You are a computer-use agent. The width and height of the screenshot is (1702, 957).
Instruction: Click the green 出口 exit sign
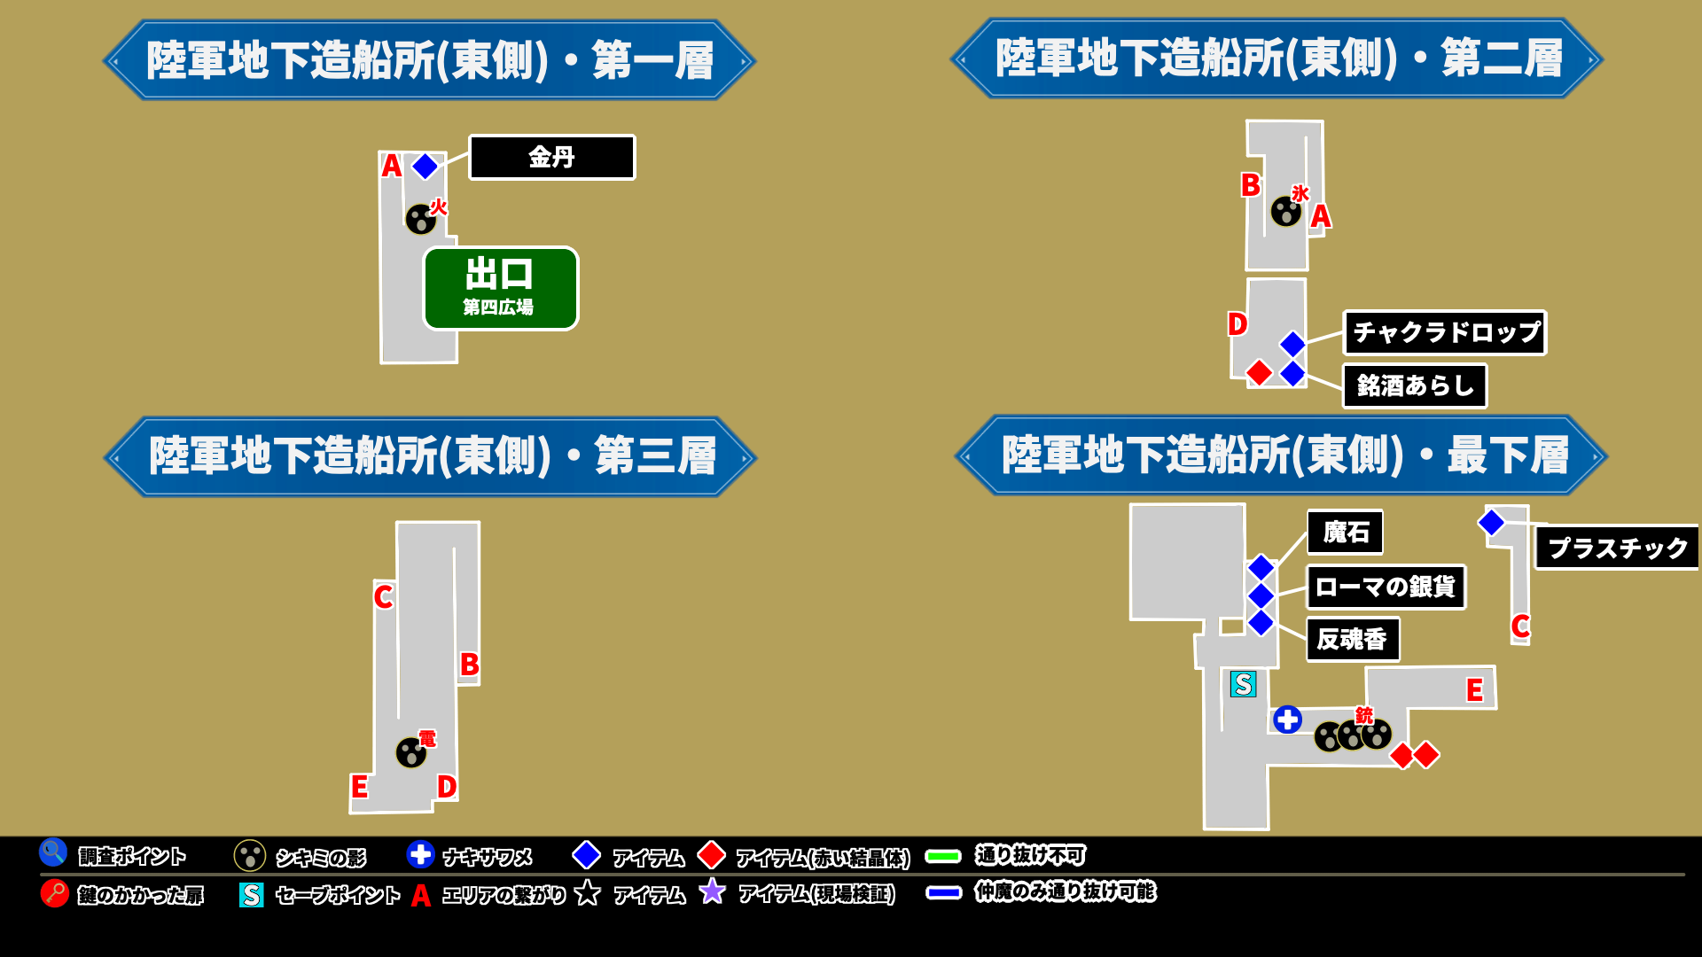click(501, 288)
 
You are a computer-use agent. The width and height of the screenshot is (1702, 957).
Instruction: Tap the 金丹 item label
click(551, 158)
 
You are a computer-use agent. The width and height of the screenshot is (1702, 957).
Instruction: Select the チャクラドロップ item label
click(1444, 333)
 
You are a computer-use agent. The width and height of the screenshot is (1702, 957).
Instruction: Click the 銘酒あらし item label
click(1415, 386)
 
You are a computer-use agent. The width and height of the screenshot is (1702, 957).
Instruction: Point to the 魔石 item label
click(1345, 533)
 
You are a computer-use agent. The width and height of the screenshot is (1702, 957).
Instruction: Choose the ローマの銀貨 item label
click(1386, 587)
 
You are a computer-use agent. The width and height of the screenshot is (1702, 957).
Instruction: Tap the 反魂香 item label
click(1353, 639)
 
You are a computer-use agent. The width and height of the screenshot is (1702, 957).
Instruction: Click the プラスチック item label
click(1617, 548)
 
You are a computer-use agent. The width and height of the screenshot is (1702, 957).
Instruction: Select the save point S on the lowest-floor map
click(1243, 684)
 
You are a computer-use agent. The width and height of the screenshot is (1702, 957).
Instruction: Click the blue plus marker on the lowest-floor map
click(1287, 720)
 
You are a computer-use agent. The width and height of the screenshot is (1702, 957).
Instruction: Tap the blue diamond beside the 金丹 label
click(425, 166)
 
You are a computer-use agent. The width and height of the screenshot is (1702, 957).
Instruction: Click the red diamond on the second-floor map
click(1259, 373)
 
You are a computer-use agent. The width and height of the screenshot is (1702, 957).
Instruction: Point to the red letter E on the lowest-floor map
click(1474, 689)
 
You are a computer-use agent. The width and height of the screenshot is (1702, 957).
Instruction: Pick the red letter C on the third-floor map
click(383, 596)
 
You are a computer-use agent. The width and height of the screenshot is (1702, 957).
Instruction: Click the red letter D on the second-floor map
click(1237, 324)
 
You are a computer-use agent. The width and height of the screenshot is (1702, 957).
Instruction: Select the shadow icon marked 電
click(411, 753)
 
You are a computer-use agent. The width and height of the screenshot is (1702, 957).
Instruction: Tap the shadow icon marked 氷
click(1285, 212)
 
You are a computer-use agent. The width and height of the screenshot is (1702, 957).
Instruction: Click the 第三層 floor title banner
click(431, 456)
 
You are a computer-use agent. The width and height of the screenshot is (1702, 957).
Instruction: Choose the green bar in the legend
click(943, 856)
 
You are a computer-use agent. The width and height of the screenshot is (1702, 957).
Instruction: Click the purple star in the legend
click(712, 891)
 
